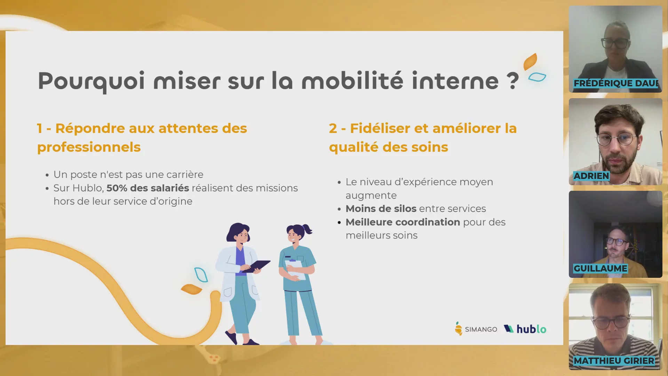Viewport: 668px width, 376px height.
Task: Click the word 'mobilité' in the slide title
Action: pyautogui.click(x=352, y=80)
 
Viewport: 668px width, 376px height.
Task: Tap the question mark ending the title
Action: pyautogui.click(x=512, y=81)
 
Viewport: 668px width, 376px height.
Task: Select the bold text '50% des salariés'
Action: pyautogui.click(x=148, y=188)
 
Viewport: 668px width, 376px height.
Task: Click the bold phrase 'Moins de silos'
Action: pyautogui.click(x=381, y=209)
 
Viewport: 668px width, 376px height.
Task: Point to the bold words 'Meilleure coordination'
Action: pyautogui.click(x=403, y=222)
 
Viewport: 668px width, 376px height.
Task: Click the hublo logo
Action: pyautogui.click(x=525, y=329)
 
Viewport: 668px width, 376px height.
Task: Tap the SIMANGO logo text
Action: pyautogui.click(x=481, y=329)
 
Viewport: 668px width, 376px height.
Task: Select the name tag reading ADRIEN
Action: pyautogui.click(x=591, y=176)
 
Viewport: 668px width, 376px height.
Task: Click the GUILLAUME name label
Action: pyautogui.click(x=600, y=268)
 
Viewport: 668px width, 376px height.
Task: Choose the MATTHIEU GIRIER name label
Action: pyautogui.click(x=614, y=361)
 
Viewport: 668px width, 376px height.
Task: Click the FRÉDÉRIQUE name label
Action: pyautogui.click(x=616, y=83)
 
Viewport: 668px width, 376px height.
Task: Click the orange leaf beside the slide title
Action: pyautogui.click(x=531, y=62)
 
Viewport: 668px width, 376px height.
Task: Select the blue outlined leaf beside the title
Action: pyautogui.click(x=537, y=77)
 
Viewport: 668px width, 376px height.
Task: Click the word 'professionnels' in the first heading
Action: pyautogui.click(x=89, y=147)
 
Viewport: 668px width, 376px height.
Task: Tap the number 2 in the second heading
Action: pyautogui.click(x=333, y=128)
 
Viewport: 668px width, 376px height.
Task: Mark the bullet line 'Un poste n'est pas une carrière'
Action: pyautogui.click(x=128, y=174)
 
